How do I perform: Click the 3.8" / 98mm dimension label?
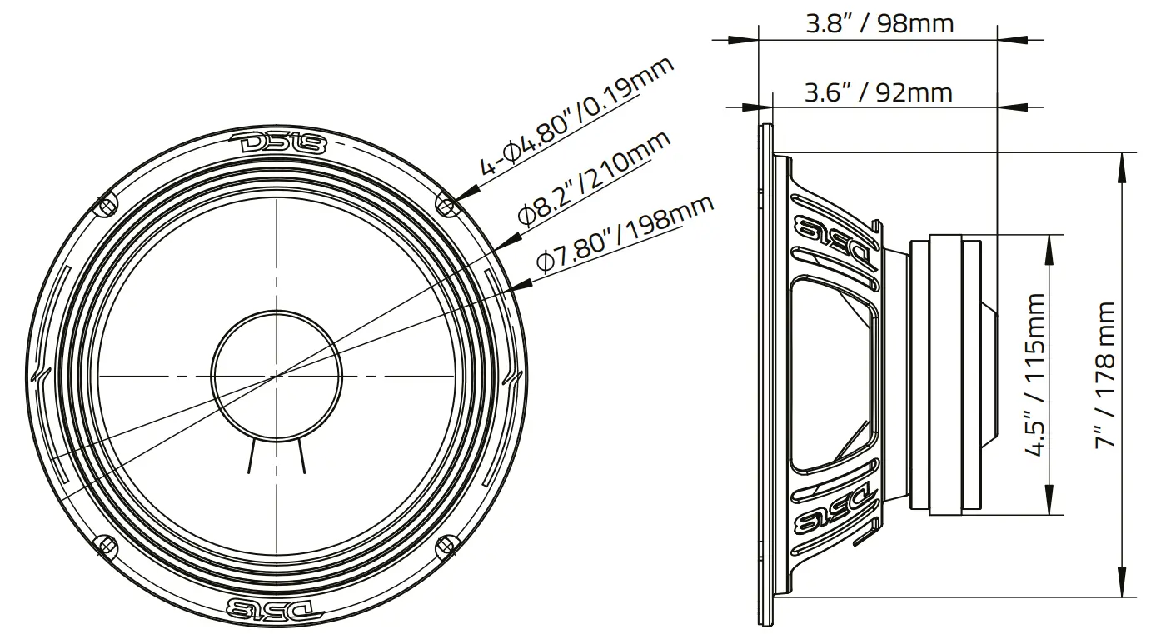pyautogui.click(x=879, y=23)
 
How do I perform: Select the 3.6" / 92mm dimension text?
pyautogui.click(x=878, y=92)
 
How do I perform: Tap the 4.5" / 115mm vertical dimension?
pyautogui.click(x=1035, y=374)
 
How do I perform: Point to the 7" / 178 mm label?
pyautogui.click(x=1105, y=374)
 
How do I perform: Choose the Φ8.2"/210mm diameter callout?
pyautogui.click(x=593, y=177)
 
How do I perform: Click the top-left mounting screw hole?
pyautogui.click(x=104, y=204)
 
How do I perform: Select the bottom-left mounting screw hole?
pyautogui.click(x=104, y=545)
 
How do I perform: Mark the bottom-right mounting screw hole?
pyautogui.click(x=446, y=545)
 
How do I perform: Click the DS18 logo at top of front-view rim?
pyautogui.click(x=277, y=143)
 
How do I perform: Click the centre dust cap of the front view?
pyautogui.click(x=276, y=374)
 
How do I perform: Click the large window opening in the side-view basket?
pyautogui.click(x=832, y=374)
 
